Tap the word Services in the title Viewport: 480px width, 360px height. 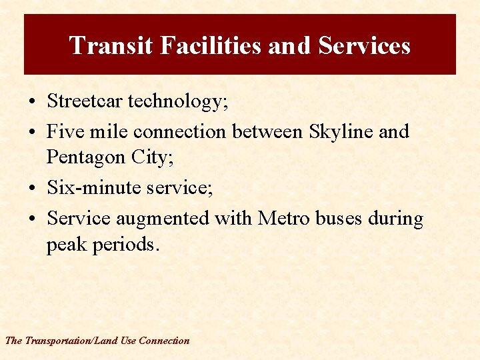[x=364, y=45]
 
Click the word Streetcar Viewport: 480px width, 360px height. [x=85, y=101]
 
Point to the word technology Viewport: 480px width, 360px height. [x=177, y=102]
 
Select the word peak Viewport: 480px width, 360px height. [x=66, y=245]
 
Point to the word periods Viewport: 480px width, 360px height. [x=127, y=244]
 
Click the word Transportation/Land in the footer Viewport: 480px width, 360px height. [x=71, y=341]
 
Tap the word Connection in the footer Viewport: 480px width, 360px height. [x=164, y=341]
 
